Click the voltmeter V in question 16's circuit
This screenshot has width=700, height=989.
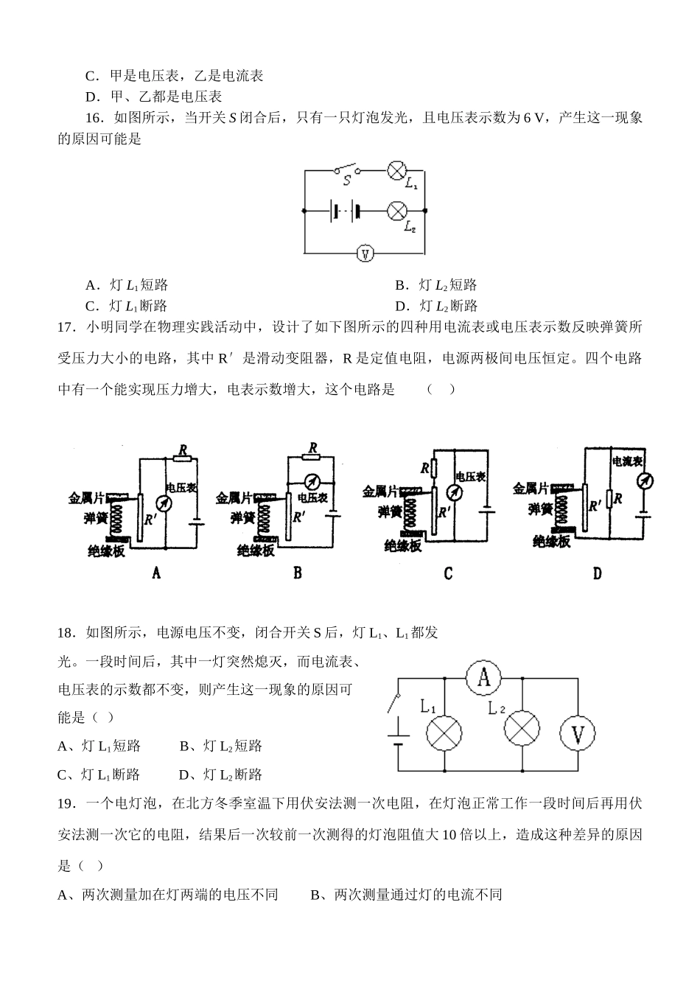(x=365, y=254)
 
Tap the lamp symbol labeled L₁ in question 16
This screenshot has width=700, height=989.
(x=397, y=171)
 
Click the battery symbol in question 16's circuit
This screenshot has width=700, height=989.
(x=345, y=211)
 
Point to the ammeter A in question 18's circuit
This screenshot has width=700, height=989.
(x=483, y=677)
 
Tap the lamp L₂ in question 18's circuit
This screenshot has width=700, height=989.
(x=522, y=726)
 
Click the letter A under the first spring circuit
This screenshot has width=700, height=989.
(x=156, y=572)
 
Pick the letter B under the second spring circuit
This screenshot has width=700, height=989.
(x=298, y=572)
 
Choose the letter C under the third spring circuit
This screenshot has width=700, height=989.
(x=448, y=573)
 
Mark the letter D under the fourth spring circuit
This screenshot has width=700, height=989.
(x=598, y=573)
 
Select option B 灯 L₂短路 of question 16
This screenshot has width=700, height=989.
(x=436, y=285)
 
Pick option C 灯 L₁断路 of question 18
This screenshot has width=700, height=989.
(x=99, y=775)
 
